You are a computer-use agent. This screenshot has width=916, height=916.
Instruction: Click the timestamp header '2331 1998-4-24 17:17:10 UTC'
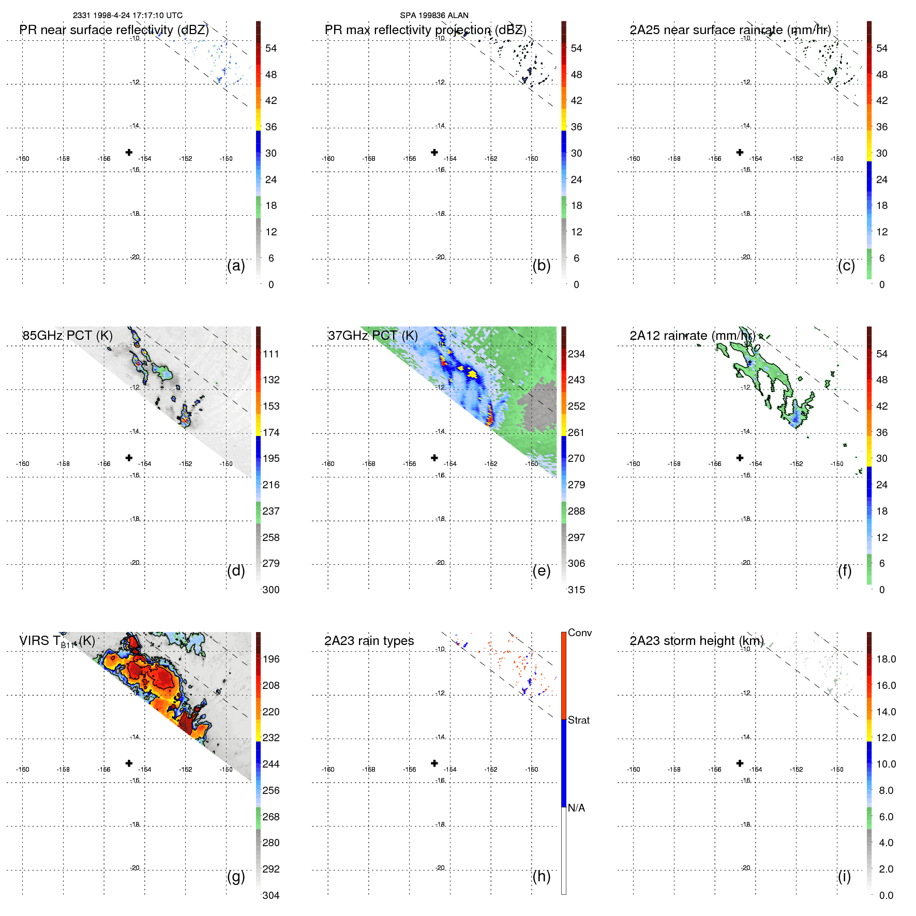128,16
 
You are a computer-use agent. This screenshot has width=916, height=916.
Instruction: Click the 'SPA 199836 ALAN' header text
434,16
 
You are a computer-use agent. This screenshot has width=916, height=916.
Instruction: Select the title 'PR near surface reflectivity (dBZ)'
114,30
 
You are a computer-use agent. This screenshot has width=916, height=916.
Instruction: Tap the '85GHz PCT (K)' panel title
67,336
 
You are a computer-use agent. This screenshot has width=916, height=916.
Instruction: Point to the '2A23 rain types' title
369,641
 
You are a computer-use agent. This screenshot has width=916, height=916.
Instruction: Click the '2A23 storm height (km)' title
696,641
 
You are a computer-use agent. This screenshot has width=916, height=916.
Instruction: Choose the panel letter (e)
541,571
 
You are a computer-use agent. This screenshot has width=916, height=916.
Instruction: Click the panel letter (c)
846,266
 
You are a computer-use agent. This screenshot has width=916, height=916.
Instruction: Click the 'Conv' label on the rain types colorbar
579,633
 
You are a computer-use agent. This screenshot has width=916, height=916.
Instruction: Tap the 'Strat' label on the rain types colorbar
578,720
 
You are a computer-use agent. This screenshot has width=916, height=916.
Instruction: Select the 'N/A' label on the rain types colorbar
576,808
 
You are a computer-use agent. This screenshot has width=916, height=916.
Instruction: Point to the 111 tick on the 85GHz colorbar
271,354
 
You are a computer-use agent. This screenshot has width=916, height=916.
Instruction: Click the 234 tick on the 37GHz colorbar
576,354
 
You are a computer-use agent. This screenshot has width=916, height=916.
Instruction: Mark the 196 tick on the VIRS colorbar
271,659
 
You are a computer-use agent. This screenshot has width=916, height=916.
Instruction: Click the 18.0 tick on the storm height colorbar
885,659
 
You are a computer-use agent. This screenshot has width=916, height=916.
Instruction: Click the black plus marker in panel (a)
129,152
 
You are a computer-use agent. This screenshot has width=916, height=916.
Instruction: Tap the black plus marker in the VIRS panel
129,763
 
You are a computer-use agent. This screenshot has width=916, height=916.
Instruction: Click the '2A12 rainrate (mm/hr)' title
692,336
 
